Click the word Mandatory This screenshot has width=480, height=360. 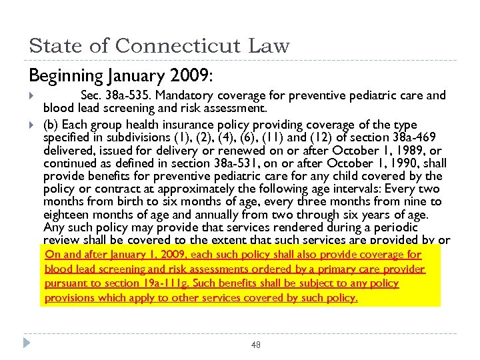[185, 95]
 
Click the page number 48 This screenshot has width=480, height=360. [256, 345]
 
